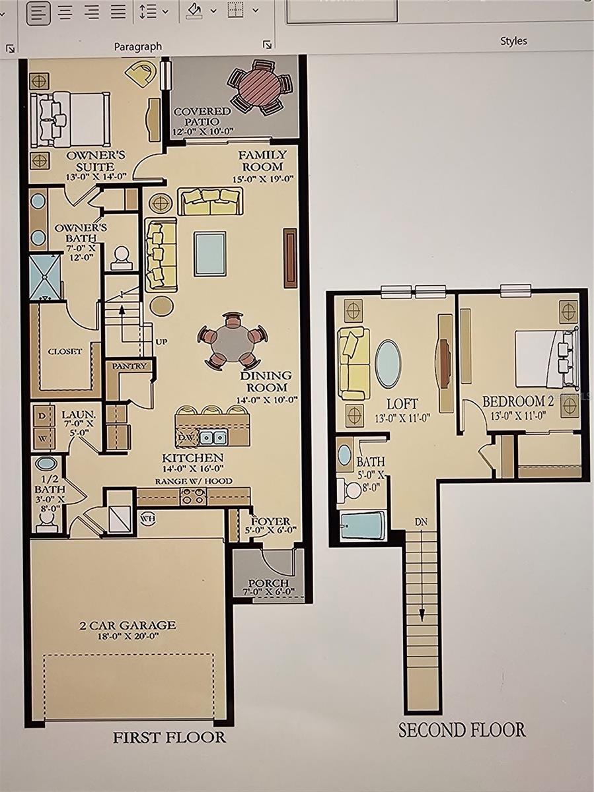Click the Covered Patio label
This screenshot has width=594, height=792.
click(x=202, y=116)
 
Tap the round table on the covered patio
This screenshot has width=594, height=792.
click(x=259, y=87)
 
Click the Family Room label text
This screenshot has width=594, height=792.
click(x=262, y=160)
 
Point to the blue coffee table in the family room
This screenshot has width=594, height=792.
click(x=210, y=253)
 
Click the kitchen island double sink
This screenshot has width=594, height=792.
click(x=213, y=437)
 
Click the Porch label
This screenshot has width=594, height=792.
click(x=268, y=583)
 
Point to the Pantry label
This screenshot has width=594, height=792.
click(x=129, y=366)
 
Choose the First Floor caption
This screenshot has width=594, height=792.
click(x=169, y=737)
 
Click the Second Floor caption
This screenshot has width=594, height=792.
click(x=462, y=729)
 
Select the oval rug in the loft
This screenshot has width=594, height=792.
click(x=388, y=364)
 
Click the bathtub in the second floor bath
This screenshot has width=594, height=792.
click(x=363, y=525)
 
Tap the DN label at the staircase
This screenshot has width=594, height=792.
click(x=421, y=522)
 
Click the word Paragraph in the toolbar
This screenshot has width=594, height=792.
click(x=137, y=46)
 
